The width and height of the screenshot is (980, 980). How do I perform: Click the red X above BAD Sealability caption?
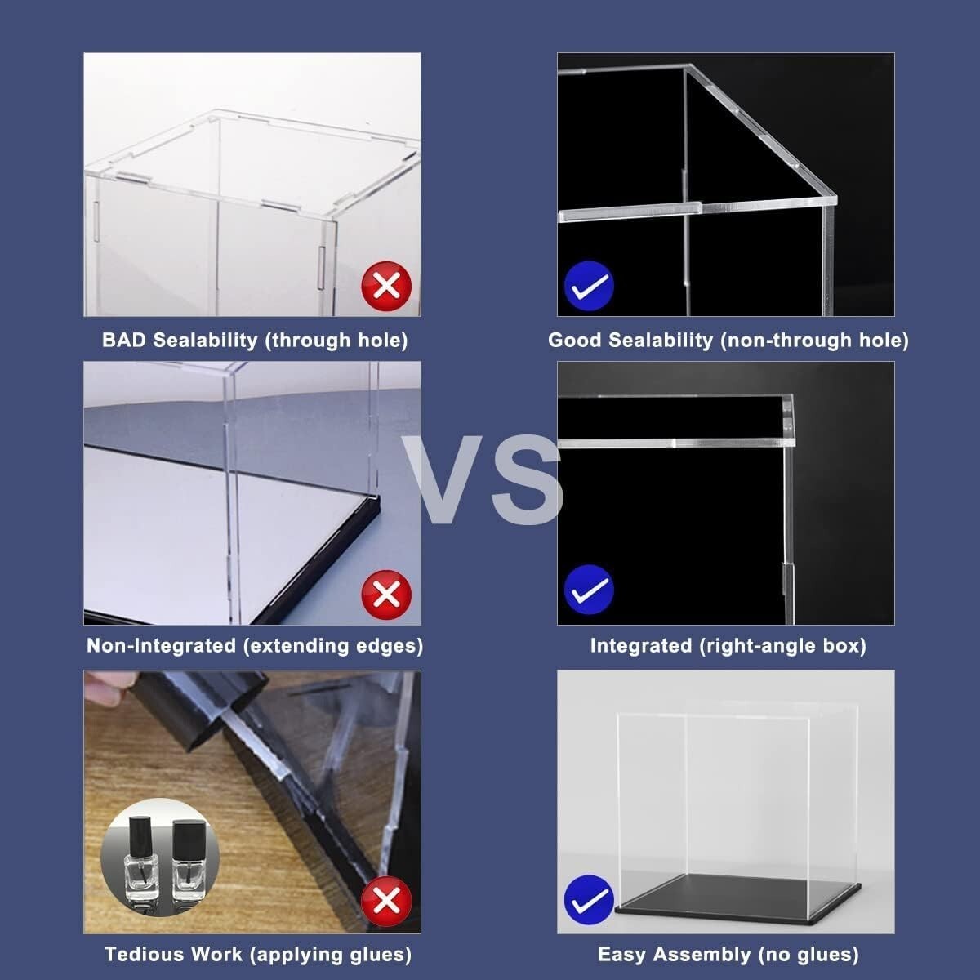(385, 286)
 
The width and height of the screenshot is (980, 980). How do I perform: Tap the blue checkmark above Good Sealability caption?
(589, 286)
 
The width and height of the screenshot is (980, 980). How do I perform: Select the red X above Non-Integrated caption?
(385, 594)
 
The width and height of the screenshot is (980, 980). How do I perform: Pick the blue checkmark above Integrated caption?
(589, 589)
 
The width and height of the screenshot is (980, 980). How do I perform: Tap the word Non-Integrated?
(161, 646)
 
